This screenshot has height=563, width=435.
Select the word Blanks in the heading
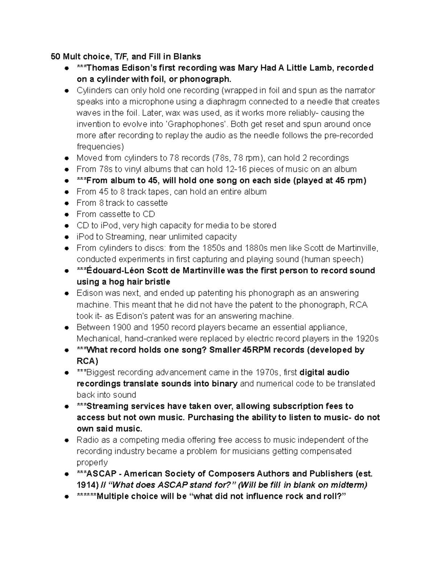187,57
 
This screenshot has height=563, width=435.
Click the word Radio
87,440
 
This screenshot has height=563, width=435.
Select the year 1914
87,485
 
